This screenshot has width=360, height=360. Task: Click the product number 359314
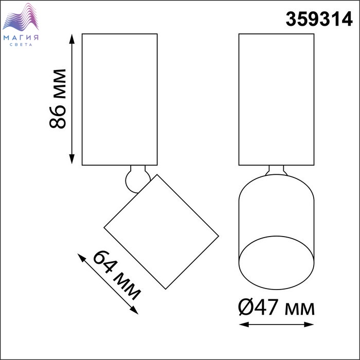point(319,20)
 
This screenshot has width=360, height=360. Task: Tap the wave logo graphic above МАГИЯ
point(21,17)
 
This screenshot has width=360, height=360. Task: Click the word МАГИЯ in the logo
point(21,38)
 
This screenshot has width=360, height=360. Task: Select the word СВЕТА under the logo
point(21,45)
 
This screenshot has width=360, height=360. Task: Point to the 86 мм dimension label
point(58,99)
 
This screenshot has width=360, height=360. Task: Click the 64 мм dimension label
point(117,276)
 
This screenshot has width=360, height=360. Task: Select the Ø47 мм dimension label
point(276,307)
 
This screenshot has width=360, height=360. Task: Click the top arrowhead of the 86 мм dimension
point(72,39)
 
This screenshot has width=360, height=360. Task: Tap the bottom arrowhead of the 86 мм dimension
point(72,159)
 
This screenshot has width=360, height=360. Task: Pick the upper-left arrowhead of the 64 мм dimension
point(81,258)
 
